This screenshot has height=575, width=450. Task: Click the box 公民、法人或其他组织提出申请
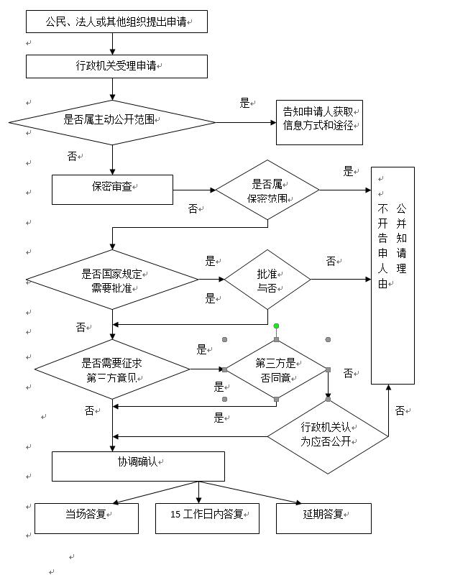(116, 22)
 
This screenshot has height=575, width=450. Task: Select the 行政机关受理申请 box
(116, 66)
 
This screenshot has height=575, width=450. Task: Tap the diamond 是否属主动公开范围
(112, 122)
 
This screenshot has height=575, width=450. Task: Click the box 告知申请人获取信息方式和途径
(318, 122)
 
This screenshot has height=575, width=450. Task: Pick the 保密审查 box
(112, 189)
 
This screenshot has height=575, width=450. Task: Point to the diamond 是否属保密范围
(267, 190)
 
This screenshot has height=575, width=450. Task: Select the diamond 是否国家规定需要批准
(112, 280)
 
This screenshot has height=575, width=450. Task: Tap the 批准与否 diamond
(267, 280)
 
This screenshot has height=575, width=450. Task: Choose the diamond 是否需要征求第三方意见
(112, 369)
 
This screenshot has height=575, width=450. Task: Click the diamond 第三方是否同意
(276, 369)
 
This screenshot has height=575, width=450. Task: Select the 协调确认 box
(138, 466)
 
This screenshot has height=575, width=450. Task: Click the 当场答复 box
(86, 517)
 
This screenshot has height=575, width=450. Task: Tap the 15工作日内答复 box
(207, 517)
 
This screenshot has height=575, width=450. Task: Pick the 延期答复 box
(323, 517)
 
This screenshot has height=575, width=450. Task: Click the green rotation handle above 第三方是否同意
(276, 326)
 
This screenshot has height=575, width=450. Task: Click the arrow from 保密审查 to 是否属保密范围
(194, 190)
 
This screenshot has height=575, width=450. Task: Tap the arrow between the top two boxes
(113, 44)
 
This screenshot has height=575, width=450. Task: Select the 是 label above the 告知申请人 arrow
(244, 103)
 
